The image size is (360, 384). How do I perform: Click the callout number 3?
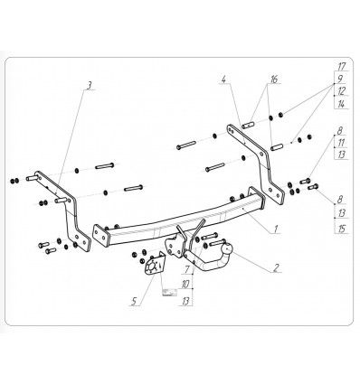pyautogui.click(x=89, y=86)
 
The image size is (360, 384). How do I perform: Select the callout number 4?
pyautogui.click(x=223, y=80)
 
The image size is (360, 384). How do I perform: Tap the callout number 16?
pyautogui.click(x=273, y=80)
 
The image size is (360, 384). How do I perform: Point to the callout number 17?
pyautogui.click(x=342, y=67)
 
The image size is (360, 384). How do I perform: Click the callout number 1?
pyautogui.click(x=276, y=229)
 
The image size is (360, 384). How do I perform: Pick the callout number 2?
pyautogui.click(x=276, y=267)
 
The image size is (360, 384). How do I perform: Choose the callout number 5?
pyautogui.click(x=134, y=301)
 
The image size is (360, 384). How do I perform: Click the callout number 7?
pyautogui.click(x=187, y=269)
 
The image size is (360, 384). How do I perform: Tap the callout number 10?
pyautogui.click(x=185, y=284)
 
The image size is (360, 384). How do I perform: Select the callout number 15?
pyautogui.click(x=342, y=229)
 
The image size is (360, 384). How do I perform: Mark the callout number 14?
pyautogui.click(x=341, y=104)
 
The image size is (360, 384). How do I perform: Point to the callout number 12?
pyautogui.click(x=342, y=91)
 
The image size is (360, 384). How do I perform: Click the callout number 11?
pyautogui.click(x=341, y=143)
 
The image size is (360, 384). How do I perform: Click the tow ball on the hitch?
pyautogui.click(x=228, y=249)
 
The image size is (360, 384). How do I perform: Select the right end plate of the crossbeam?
pyautogui.click(x=257, y=198)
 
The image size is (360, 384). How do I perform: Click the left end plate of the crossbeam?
pyautogui.click(x=100, y=236)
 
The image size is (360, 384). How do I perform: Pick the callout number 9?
pyautogui.click(x=340, y=80)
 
